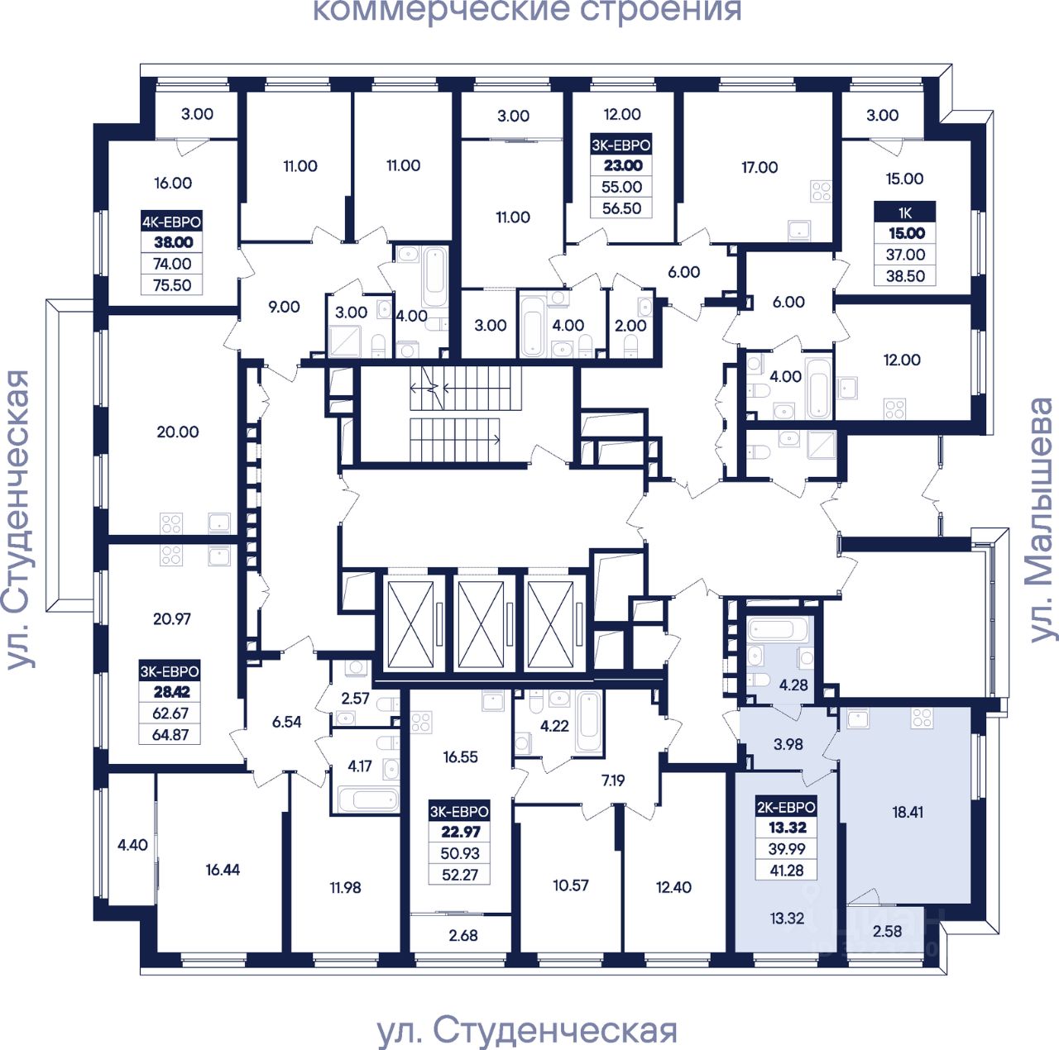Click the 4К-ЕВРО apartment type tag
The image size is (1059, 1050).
pos(171,222)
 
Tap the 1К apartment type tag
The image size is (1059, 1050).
pos(905,212)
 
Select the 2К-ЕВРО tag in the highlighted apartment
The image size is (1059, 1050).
pos(786,807)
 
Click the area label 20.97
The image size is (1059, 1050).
pos(172,618)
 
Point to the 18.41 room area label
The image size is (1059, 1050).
pos(908,812)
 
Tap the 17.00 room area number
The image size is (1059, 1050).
pos(760,167)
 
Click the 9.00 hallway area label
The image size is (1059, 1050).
pos(284,307)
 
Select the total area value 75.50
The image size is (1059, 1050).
pos(172,285)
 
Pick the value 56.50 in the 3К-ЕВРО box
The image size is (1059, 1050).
pos(621,208)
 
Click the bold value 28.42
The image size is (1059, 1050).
pos(171,693)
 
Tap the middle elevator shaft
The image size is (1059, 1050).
pos(480,624)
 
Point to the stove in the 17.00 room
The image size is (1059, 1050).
pos(820,193)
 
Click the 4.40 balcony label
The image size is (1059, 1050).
pos(132,845)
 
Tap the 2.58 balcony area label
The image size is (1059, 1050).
pos(888,931)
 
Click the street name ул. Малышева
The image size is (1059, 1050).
pos(1041,520)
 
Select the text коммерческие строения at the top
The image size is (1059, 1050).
pos(526,12)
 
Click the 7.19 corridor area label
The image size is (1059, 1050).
pos(613,780)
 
